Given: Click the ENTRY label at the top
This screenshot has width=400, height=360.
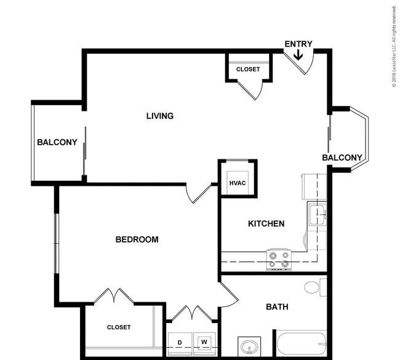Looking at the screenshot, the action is coord(298,44).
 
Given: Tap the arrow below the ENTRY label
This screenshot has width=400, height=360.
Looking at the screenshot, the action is coord(298,55).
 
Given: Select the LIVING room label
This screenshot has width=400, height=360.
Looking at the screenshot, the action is coord(160,116).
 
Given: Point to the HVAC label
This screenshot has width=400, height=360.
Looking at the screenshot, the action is coord(238,183).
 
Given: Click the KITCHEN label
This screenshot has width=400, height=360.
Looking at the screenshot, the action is coord(266,224).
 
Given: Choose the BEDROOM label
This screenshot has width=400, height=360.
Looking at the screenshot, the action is coord(137,239).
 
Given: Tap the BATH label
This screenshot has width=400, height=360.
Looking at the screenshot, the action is coord(277,306).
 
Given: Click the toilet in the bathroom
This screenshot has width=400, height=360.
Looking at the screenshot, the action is coord(316,287).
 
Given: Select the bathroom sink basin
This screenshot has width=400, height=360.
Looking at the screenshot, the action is coord(249,347).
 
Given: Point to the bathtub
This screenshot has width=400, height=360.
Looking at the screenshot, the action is coord(302,343).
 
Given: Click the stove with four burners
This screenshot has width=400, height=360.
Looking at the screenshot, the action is coord(279,260).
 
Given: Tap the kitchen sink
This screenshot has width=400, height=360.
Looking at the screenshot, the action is coord(318,215).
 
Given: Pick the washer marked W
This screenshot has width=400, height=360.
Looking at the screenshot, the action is coord(204,343).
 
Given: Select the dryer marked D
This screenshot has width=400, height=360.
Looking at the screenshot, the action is coord(180,343).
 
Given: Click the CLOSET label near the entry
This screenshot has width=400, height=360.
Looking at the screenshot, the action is coord(248,70).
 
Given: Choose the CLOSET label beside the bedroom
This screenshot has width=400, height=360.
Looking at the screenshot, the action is coord(119,327).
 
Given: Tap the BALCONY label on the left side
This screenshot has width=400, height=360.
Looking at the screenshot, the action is coord(57,142).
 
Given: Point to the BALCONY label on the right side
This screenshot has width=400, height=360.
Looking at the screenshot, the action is coord(342,158).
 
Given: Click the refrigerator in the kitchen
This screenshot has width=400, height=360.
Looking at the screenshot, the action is coord(314,186).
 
